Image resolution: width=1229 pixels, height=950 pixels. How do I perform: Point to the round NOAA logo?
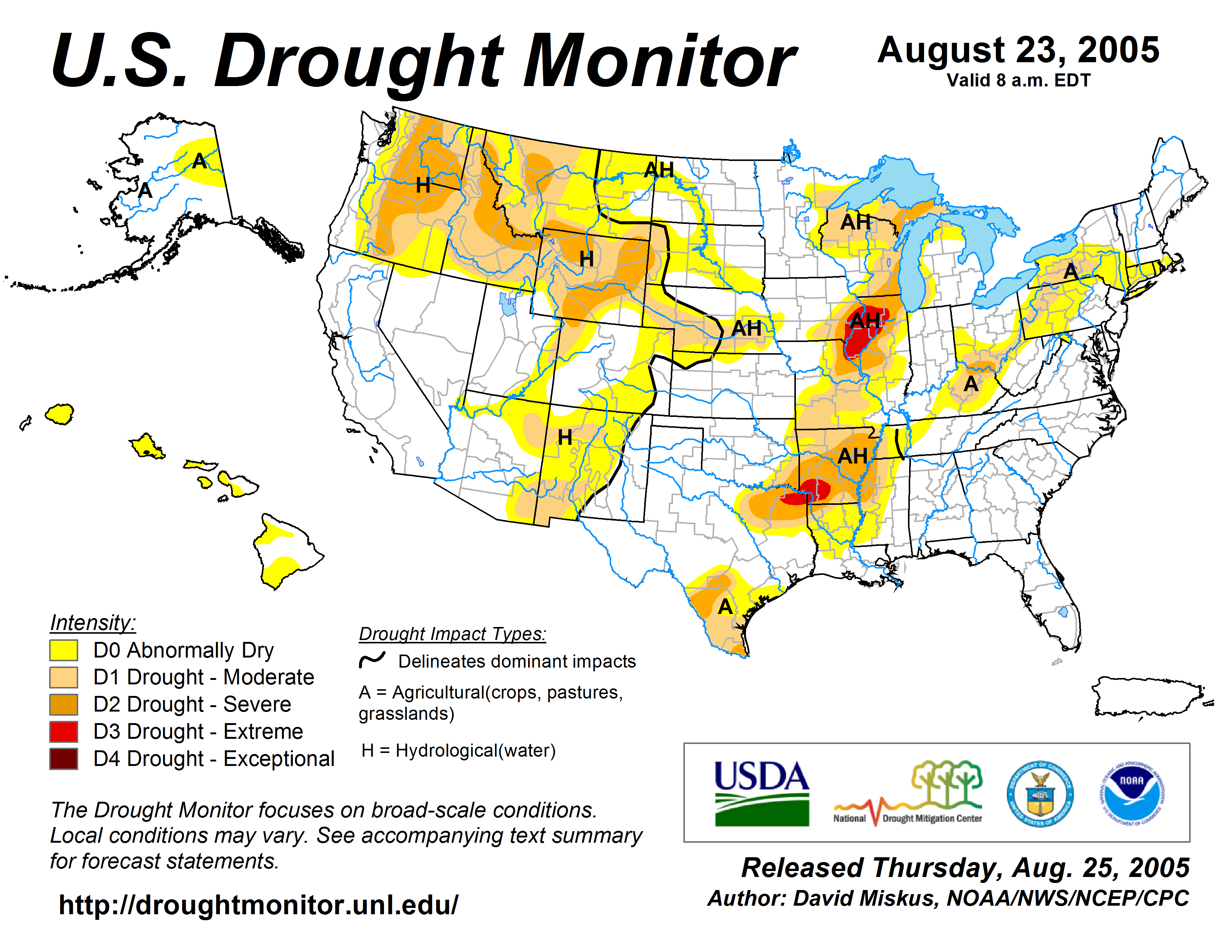coord(1132,794)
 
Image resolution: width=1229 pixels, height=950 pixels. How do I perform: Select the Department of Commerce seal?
coord(1040,794)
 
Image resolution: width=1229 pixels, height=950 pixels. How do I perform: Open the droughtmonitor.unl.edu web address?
coord(258,905)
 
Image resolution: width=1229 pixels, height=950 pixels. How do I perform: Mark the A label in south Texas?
coord(725,607)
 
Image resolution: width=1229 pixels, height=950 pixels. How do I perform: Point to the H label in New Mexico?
coord(565,437)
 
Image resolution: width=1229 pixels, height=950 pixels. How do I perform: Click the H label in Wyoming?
coord(586,259)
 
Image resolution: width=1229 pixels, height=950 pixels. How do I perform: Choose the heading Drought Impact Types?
coord(452,634)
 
